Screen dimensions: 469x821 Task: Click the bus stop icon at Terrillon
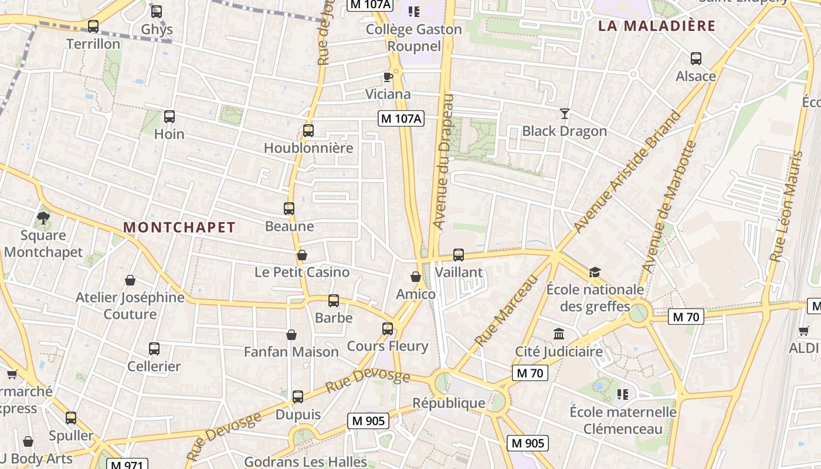pos(93,26)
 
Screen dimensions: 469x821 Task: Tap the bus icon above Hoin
pos(169,117)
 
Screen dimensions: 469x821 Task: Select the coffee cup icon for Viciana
pos(388,77)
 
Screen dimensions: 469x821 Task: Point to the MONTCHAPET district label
pos(179,227)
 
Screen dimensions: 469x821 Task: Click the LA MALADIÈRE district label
pos(657,26)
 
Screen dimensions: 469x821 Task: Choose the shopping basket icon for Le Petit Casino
pos(302,255)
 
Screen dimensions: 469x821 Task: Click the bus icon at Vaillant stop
pos(459,255)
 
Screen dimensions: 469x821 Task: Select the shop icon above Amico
pos(416,277)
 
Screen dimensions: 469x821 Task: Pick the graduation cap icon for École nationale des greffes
pos(595,272)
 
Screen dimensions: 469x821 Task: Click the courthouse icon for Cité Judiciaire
pos(559,334)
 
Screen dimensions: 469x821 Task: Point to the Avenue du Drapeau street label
pos(443,161)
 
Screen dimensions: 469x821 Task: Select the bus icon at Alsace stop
pos(696,59)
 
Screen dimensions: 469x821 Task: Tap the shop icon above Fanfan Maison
pos(291,335)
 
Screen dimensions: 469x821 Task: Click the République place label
pos(449,403)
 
